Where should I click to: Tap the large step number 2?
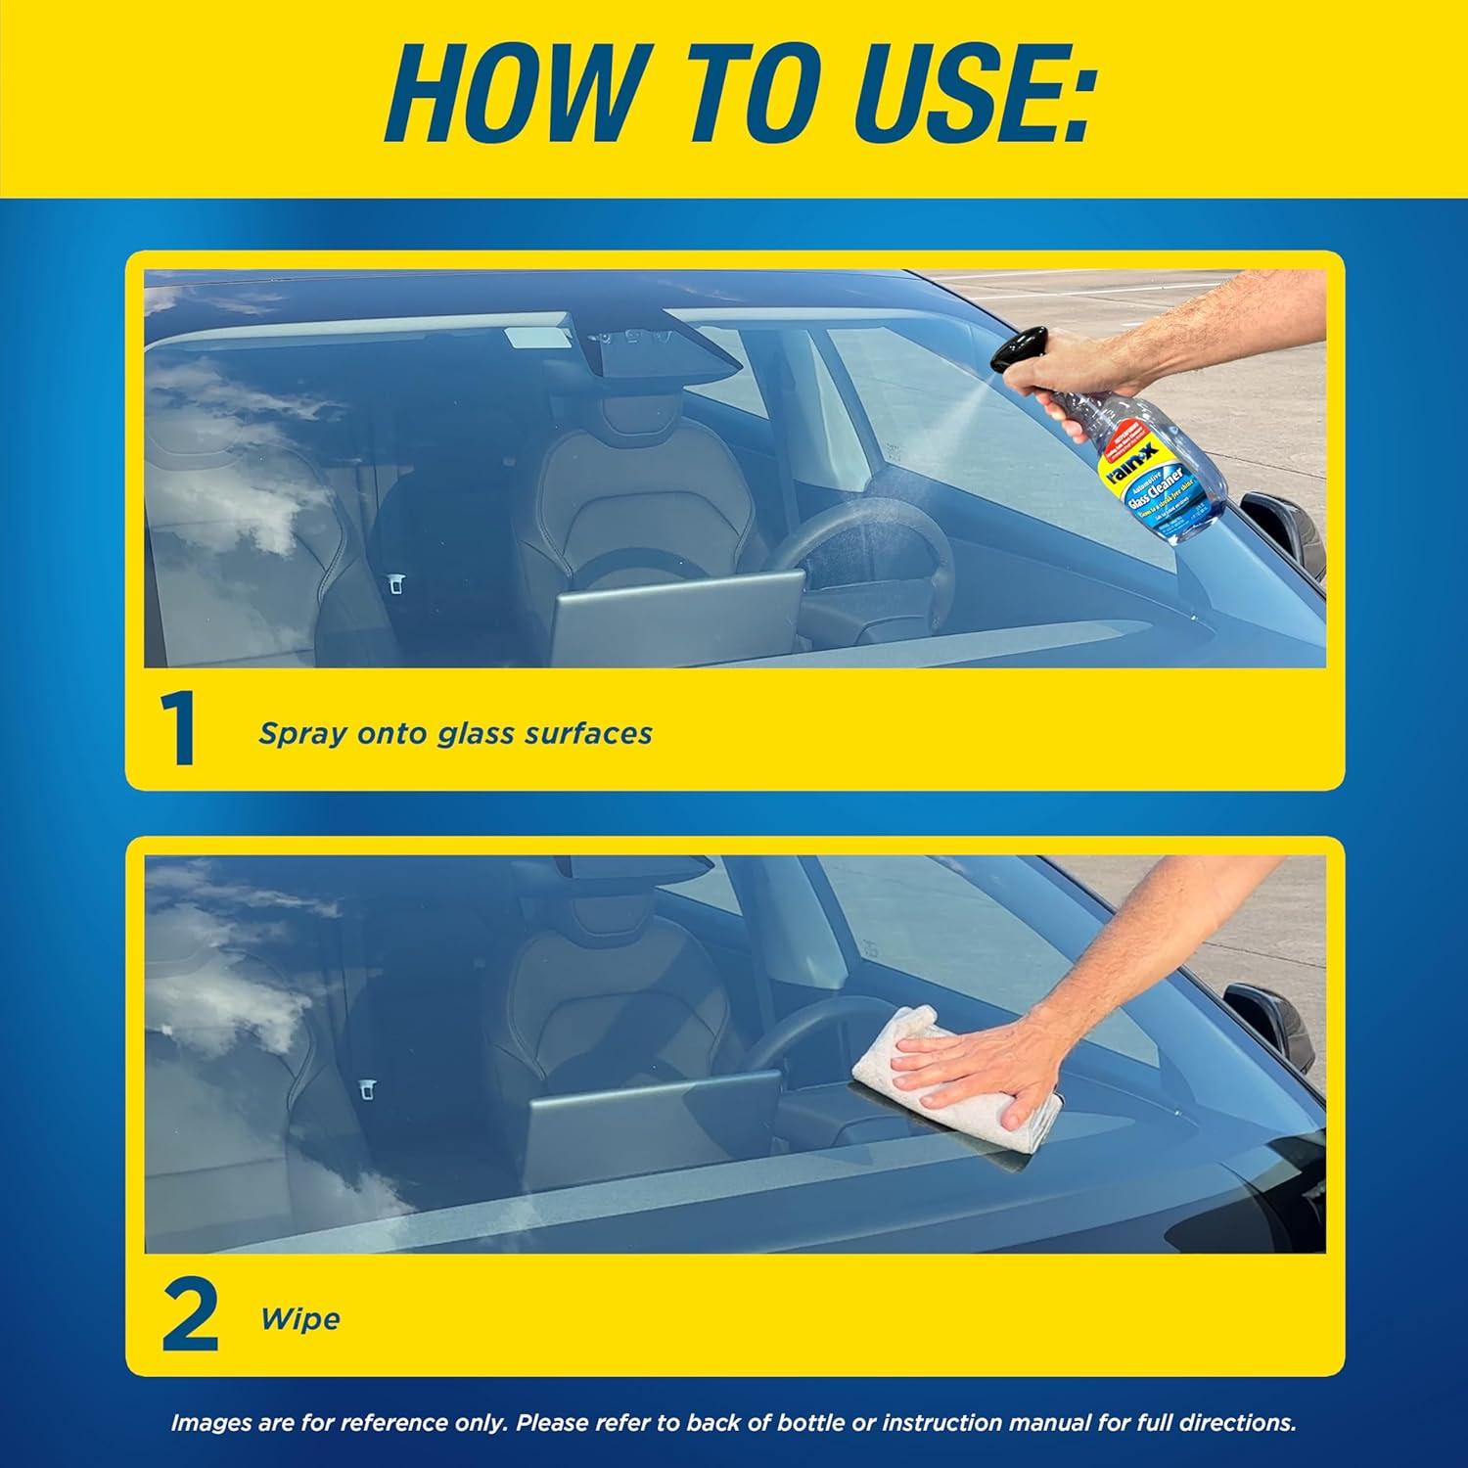[188, 1317]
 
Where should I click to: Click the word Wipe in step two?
[300, 1319]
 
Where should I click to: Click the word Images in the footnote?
[211, 1423]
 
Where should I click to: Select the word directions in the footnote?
[1244, 1423]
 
